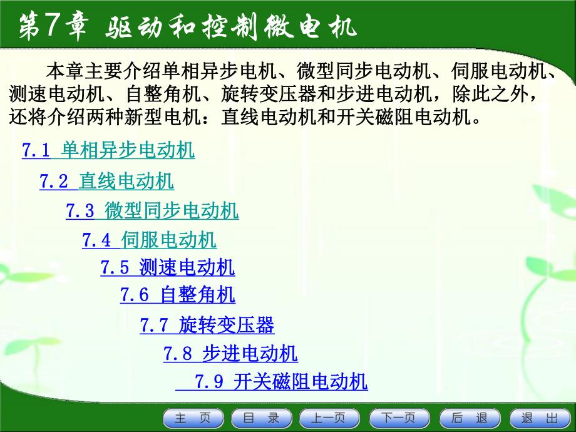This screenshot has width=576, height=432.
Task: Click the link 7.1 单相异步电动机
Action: pyautogui.click(x=108, y=150)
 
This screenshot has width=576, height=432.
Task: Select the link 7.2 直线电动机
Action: pyautogui.click(x=106, y=182)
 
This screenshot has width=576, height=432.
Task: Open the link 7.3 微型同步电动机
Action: pyautogui.click(x=152, y=211)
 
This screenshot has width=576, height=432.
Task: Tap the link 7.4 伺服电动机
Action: pyautogui.click(x=149, y=240)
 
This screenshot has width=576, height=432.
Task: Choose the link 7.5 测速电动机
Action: pyautogui.click(x=167, y=268)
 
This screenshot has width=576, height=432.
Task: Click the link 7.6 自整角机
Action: pyautogui.click(x=178, y=294)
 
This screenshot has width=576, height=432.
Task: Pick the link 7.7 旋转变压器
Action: pyautogui.click(x=207, y=326)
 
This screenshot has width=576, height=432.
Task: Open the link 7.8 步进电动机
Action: pyautogui.click(x=230, y=354)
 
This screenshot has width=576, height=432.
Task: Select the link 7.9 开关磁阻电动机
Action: pyautogui.click(x=271, y=381)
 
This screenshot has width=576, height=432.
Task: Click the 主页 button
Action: pyautogui.click(x=193, y=418)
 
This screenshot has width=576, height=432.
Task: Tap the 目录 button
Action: pyautogui.click(x=261, y=418)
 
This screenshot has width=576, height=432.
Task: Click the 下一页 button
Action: pyautogui.click(x=399, y=418)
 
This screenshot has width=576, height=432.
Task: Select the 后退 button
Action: pyautogui.click(x=469, y=418)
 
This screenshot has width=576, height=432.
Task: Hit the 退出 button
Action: pyautogui.click(x=538, y=418)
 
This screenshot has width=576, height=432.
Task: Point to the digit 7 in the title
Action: pyautogui.click(x=51, y=26)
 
